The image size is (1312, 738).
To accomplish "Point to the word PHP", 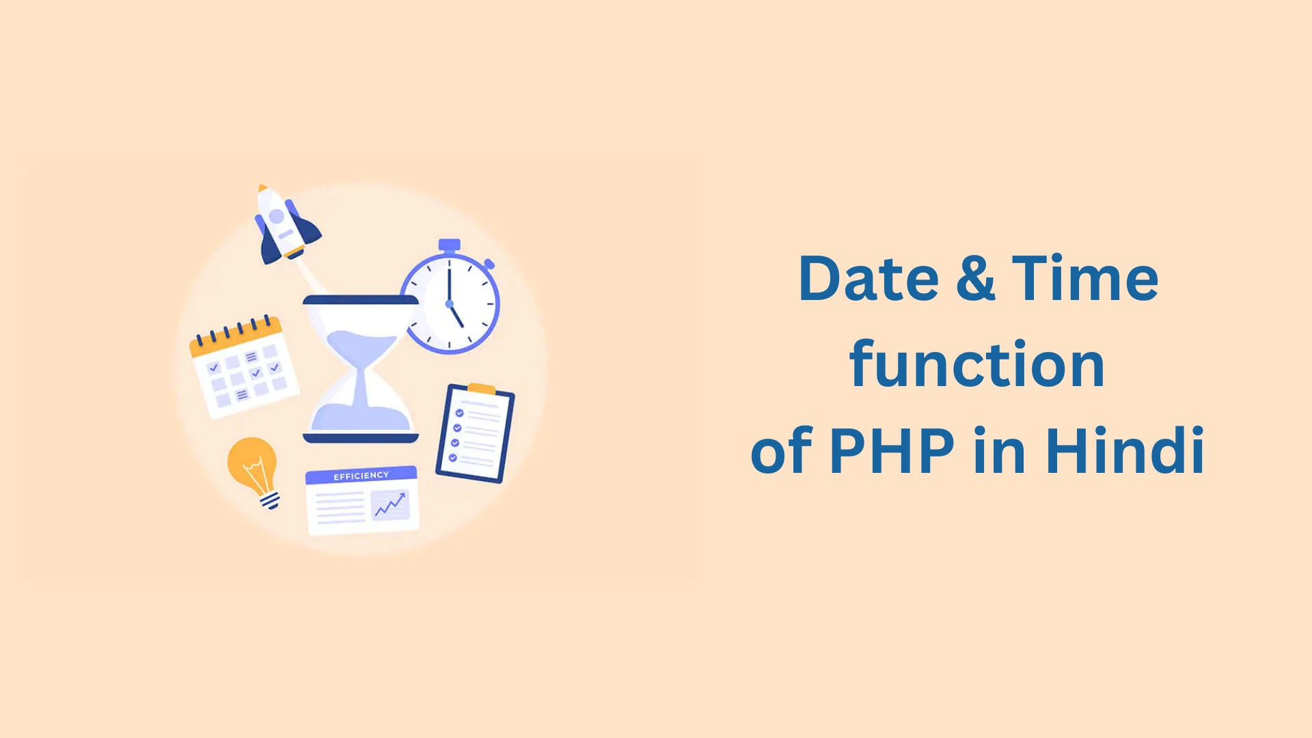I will (892, 450).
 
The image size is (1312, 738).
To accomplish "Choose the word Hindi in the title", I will (1125, 450).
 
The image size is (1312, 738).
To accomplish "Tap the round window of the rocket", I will (277, 217).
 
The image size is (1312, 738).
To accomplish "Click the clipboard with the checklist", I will (475, 435).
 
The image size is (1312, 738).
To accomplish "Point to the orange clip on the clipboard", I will (482, 389).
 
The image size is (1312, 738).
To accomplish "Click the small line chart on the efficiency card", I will (390, 505).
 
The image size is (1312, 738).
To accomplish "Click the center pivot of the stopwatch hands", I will (449, 303).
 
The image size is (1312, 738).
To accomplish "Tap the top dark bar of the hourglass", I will (360, 300).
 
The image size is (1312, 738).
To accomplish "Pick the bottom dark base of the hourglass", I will (360, 438).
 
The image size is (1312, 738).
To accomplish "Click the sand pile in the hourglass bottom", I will (360, 416).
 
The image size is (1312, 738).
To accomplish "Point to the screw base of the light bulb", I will (271, 502).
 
